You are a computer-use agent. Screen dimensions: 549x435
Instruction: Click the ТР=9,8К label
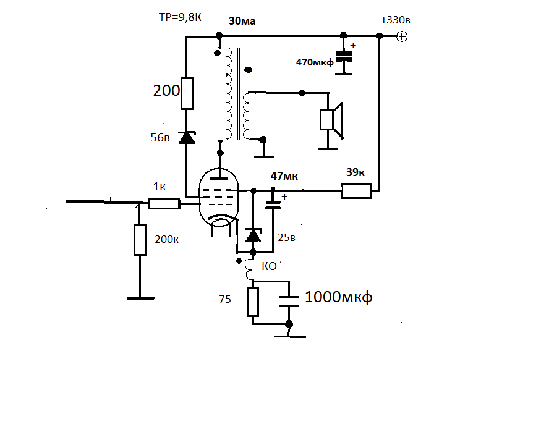coord(180,17)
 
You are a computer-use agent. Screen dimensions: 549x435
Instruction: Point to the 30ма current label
coord(242,21)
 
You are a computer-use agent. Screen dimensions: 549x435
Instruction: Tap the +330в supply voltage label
coord(395,20)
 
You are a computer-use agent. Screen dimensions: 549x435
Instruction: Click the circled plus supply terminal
coord(402,36)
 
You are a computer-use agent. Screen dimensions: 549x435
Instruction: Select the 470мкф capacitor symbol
coord(344,57)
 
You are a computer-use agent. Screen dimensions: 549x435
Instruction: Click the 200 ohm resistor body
coord(187,93)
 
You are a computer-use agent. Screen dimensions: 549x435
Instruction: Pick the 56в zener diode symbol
coord(187,138)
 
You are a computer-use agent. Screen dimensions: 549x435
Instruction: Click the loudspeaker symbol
coord(331,120)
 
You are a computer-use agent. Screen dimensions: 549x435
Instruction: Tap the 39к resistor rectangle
coord(356,191)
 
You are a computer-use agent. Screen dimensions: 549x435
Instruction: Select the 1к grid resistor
coord(164,204)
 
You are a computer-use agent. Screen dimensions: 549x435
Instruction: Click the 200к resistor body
coord(140,240)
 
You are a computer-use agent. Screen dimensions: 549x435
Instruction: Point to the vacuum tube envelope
coord(218,197)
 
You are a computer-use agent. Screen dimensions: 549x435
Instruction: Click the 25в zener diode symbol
coord(253,235)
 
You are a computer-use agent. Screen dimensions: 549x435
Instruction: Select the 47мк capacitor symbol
coord(273,205)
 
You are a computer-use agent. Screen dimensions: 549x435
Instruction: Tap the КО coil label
coord(270,266)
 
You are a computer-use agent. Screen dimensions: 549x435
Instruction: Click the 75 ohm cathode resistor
coord(253,302)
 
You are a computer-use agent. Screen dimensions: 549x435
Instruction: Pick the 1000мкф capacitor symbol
coord(289,302)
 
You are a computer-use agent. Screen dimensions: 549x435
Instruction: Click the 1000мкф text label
coord(338,297)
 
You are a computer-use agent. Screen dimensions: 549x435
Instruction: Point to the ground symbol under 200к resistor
coord(141,298)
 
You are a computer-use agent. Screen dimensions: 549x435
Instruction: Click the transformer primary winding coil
coord(228,94)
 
